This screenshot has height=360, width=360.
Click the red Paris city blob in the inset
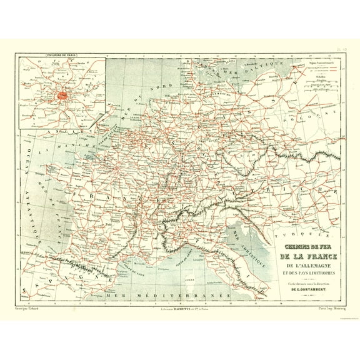tap(63, 96)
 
